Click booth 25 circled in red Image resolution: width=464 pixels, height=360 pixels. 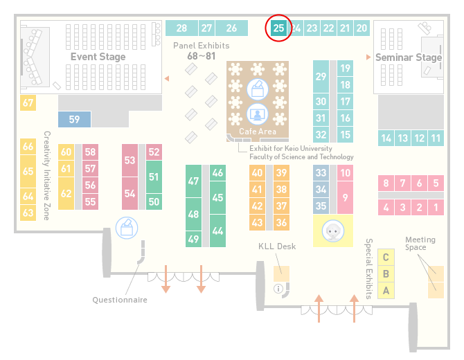click(278, 28)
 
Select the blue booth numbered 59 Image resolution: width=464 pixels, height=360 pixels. click(74, 119)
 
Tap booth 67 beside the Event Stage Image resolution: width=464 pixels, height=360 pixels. click(28, 102)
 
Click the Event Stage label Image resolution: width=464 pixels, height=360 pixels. click(98, 57)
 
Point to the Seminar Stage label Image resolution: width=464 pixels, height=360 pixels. click(409, 57)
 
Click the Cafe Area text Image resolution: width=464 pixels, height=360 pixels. click(258, 132)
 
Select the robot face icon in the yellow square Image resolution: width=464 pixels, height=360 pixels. click(333, 231)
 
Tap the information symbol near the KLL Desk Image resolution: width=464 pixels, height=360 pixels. click(278, 289)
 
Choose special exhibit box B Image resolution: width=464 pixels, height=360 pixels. click(386, 274)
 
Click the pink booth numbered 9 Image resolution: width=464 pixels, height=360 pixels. click(345, 197)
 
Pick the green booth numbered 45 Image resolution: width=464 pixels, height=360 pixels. click(217, 197)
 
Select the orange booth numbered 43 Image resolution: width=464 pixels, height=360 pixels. click(257, 222)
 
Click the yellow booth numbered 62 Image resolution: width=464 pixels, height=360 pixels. click(66, 193)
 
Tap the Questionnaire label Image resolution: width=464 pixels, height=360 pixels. click(120, 300)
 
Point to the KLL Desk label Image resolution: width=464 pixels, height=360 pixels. click(277, 246)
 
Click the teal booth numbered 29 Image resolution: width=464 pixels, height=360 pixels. click(321, 77)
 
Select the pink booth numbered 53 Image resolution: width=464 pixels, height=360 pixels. click(130, 160)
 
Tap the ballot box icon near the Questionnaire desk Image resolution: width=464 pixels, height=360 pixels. click(127, 228)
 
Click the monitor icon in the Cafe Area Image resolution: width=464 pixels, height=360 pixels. click(258, 114)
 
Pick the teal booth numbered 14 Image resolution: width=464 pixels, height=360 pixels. click(386, 138)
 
